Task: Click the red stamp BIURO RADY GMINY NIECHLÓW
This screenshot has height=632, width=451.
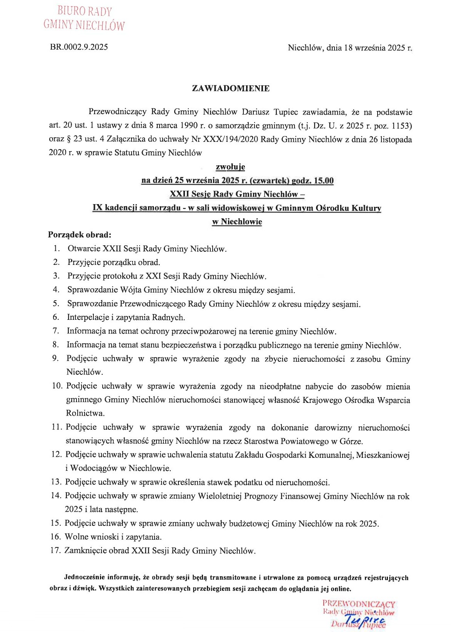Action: (x=84, y=18)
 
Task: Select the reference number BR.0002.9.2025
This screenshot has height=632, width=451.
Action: (x=79, y=47)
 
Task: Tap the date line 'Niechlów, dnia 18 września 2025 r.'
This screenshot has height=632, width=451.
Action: (x=350, y=48)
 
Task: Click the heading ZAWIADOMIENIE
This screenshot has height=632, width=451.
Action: (x=231, y=88)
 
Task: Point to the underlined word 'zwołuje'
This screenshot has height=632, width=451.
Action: (x=230, y=167)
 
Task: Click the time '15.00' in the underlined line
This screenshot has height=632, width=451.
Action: (x=323, y=180)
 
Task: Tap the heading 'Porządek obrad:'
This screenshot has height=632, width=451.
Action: (x=80, y=235)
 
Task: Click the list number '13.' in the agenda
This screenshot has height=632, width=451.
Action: (x=56, y=482)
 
